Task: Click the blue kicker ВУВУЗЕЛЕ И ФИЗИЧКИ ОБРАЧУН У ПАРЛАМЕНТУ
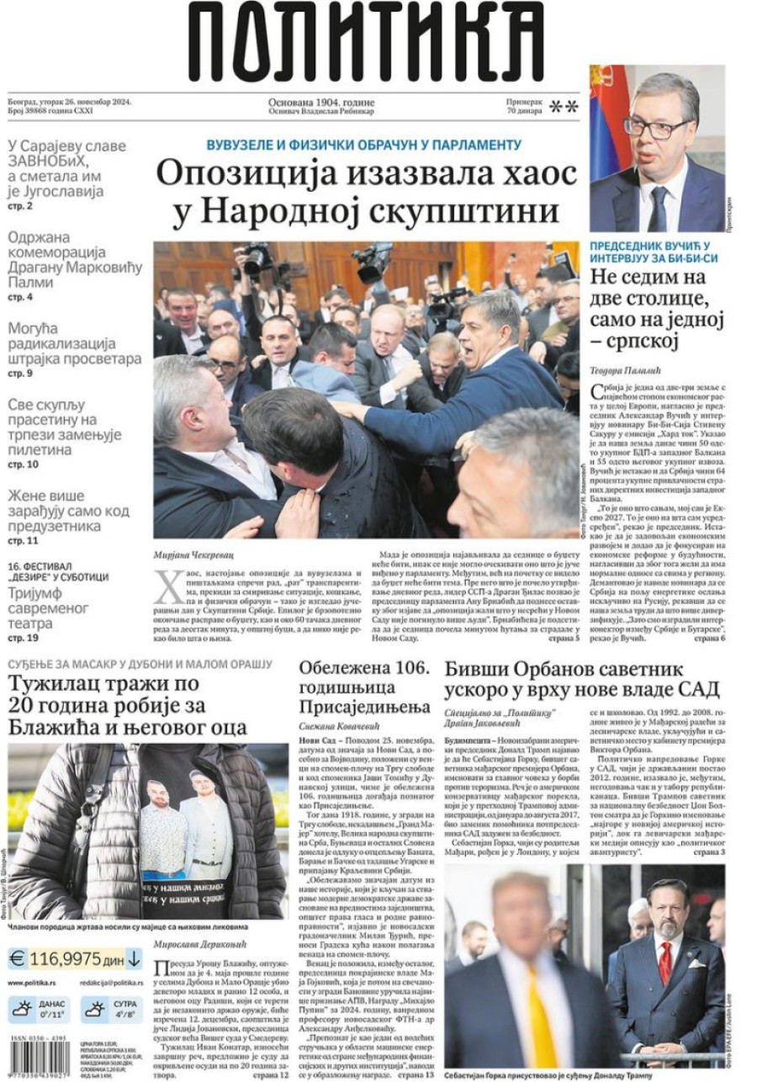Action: (x=364, y=145)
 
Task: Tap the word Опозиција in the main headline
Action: (x=245, y=175)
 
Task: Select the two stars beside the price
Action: (x=563, y=106)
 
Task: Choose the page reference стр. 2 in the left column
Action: (x=20, y=205)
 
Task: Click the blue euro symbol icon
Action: (x=17, y=958)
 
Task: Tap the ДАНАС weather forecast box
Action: (x=39, y=1009)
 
